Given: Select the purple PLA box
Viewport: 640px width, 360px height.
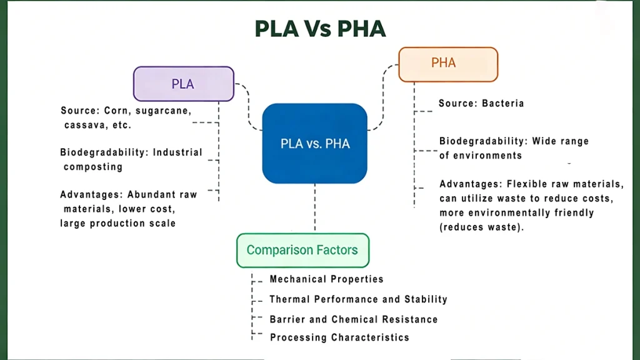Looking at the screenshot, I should tap(183, 84).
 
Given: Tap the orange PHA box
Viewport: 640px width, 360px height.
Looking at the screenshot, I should tap(448, 64).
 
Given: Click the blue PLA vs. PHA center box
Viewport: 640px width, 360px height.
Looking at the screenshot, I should tap(314, 144).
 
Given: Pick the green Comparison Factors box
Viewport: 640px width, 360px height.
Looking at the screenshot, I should tap(302, 250).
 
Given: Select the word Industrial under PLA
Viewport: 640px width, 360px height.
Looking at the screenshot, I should tap(177, 152).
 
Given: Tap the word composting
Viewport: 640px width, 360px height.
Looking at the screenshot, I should tap(93, 167).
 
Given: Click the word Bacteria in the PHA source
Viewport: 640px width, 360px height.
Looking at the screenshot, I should tap(502, 103).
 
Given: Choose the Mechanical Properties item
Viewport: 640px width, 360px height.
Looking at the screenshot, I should tap(326, 279).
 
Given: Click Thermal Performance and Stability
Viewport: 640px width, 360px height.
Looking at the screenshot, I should tap(358, 299).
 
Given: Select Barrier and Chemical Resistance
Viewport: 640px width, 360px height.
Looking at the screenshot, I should tap(353, 319).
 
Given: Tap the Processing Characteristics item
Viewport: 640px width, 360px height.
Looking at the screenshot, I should tap(339, 337).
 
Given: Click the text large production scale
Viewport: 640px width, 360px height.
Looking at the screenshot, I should tap(117, 223).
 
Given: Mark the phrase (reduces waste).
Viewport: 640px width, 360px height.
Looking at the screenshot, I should tap(481, 227).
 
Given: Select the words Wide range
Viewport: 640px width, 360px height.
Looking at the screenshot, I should tap(560, 142).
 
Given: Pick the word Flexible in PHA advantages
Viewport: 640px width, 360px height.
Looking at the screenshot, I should tap(527, 184).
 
